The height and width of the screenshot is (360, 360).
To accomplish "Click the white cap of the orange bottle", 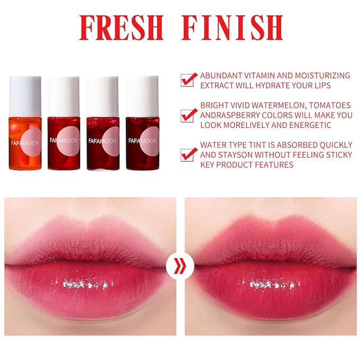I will click(x=25, y=89).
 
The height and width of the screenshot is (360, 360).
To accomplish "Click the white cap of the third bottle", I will click(x=103, y=89).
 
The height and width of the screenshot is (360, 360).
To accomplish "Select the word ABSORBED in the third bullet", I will click(x=291, y=145).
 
